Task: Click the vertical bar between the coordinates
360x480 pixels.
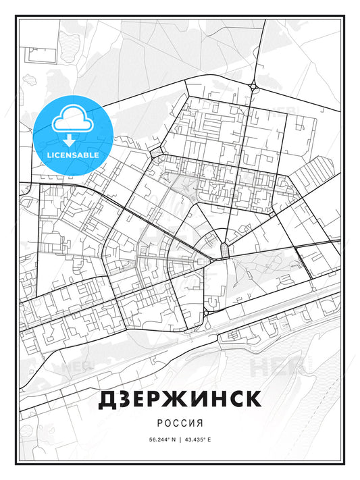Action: click(180, 439)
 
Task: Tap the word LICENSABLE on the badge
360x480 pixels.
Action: click(72, 155)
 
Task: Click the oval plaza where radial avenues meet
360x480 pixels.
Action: click(223, 250)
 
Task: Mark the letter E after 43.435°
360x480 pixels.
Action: click(209, 439)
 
